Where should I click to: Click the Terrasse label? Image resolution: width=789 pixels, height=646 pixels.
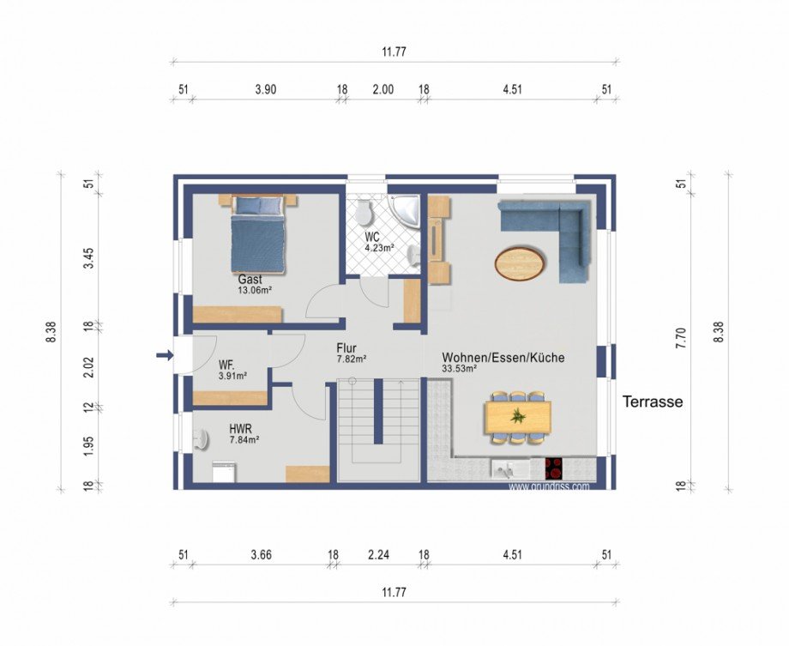pos(653,401)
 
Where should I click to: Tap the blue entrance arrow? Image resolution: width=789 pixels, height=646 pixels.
pos(165,355)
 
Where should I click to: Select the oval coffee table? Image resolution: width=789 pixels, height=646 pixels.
pos(520,263)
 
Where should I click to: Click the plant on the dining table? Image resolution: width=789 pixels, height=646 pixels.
pos(518,416)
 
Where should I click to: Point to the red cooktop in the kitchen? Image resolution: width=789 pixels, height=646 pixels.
pos(553,468)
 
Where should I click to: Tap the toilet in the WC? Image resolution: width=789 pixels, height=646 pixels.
pos(364,212)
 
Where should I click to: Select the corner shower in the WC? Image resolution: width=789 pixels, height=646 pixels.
pos(405,212)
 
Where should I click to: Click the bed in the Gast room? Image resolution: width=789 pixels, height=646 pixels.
pos(259,234)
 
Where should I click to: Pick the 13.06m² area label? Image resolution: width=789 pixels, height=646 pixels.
pos(255,290)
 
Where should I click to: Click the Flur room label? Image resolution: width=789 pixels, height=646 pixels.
pos(346,348)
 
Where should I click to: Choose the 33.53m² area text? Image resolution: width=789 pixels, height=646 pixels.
pos(460,368)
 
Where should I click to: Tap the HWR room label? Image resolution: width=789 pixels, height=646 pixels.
pos(240,429)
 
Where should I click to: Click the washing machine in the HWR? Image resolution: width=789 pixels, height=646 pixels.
pos(224,472)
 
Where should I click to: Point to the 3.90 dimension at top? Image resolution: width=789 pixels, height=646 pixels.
pos(266,89)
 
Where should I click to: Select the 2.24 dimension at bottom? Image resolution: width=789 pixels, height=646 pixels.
pos(378,555)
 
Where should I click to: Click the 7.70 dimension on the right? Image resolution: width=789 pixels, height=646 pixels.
pos(681,338)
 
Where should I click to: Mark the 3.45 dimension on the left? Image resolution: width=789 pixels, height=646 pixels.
pos(88,258)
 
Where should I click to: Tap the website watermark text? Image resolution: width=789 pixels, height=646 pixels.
pos(549,486)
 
